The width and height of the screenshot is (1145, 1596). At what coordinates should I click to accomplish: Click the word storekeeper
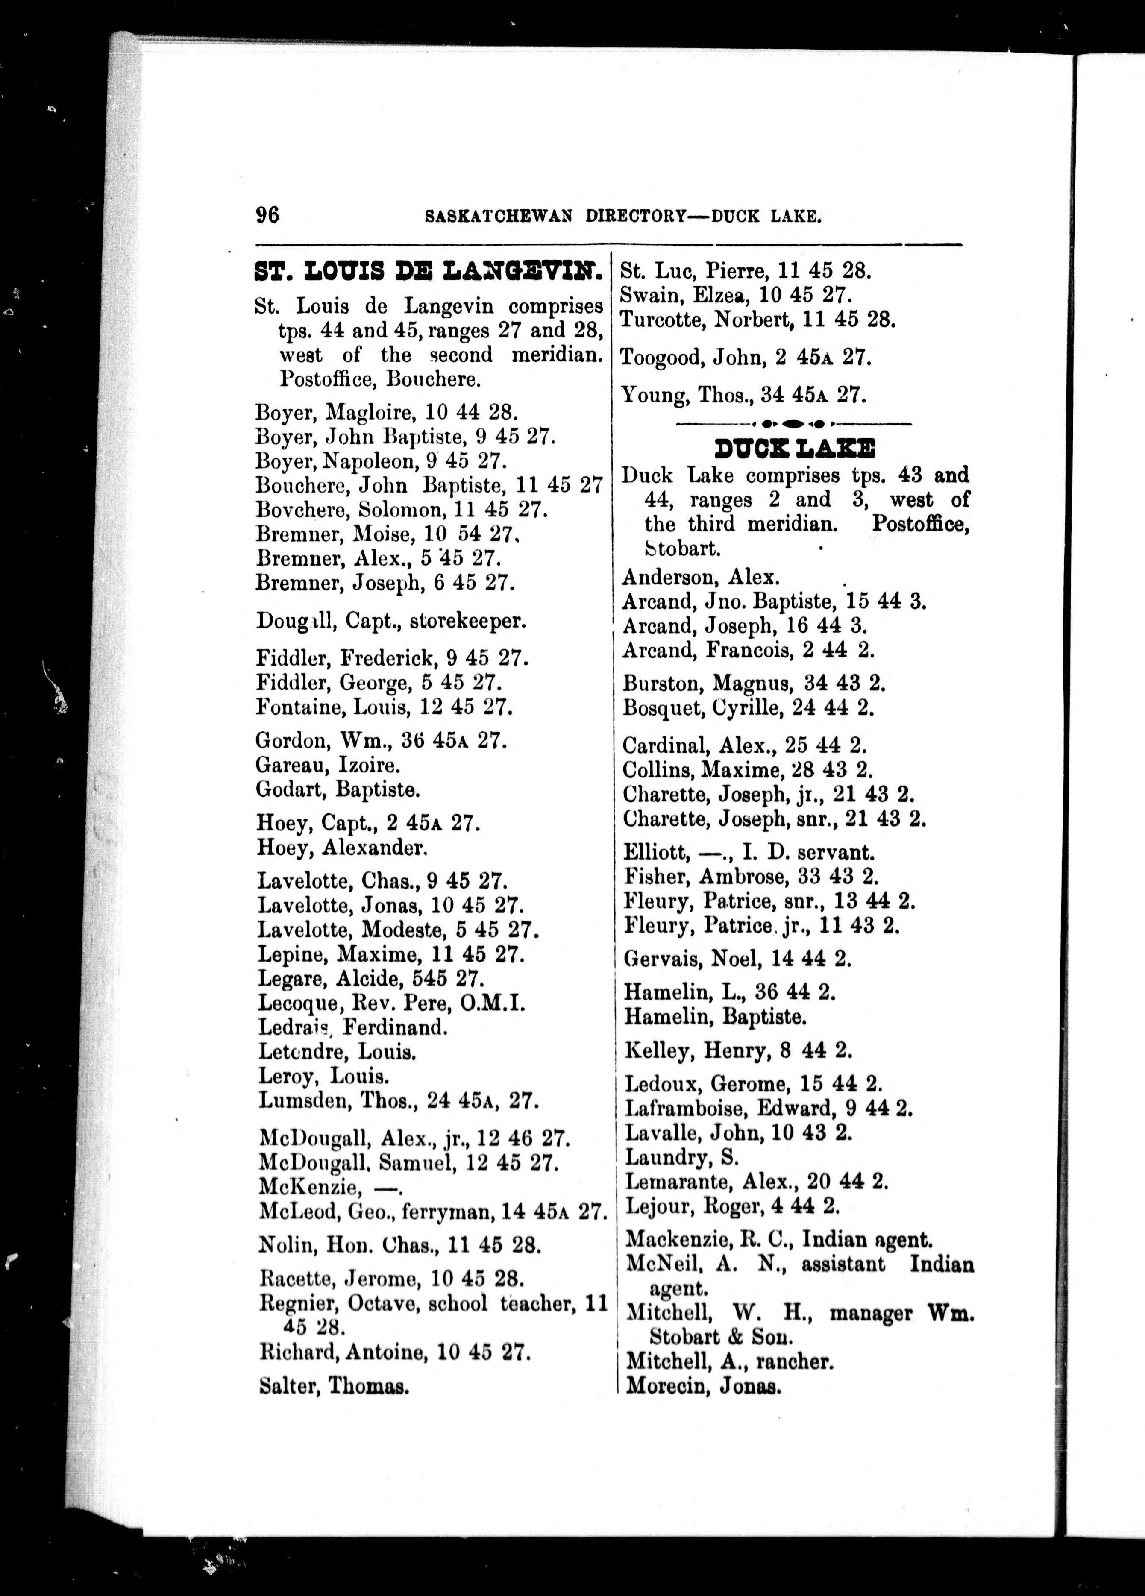[468, 622]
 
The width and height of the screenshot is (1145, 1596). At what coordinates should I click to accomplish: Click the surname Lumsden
[303, 1100]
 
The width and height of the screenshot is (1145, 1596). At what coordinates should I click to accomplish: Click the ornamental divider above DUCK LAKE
[793, 424]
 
